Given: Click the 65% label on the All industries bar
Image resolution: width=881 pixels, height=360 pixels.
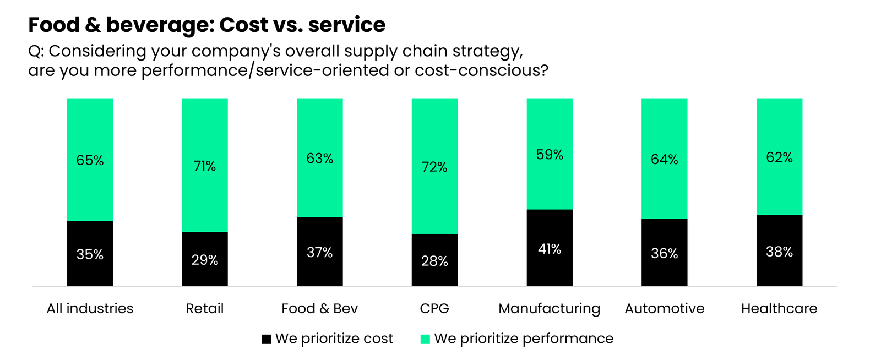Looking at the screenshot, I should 90,160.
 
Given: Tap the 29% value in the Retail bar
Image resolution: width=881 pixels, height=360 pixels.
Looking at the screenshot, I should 205,260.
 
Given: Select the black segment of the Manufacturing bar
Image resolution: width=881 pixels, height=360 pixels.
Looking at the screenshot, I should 550,270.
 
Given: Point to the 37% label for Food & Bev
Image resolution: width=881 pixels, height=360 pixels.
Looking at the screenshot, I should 319,252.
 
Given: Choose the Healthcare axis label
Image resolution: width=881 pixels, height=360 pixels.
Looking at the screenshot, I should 779,308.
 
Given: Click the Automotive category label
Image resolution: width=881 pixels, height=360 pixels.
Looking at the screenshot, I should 664,308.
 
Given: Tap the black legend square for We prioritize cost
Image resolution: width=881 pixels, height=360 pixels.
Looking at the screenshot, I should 266,339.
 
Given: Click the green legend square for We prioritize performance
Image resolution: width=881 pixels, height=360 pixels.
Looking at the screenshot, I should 425,339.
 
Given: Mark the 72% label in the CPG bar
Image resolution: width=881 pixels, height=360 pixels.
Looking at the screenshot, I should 434,167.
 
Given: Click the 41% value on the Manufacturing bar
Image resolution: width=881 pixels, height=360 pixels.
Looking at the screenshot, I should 550,249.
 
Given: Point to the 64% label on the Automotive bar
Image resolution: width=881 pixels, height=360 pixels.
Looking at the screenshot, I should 664,159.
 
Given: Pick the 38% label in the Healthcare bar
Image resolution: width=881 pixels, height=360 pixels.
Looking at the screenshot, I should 779,252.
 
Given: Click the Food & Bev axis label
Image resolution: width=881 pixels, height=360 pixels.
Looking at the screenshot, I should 319,308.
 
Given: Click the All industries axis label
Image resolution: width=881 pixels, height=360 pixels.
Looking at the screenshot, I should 90,308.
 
